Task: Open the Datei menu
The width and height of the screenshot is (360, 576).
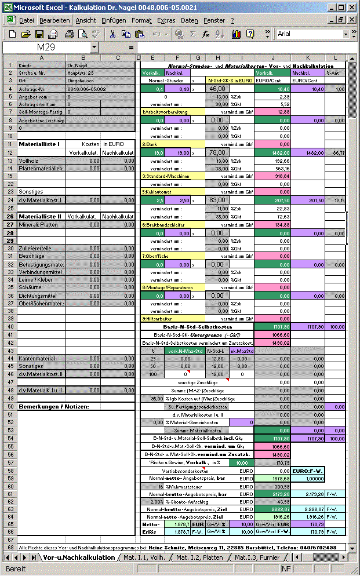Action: pyautogui.click(x=27, y=20)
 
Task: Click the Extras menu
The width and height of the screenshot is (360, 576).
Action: pyautogui.click(x=166, y=20)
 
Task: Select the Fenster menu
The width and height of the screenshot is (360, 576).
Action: pyautogui.click(x=214, y=20)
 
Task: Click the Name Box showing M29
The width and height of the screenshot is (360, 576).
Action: pyautogui.click(x=46, y=47)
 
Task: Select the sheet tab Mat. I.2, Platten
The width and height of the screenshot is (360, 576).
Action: pyautogui.click(x=199, y=557)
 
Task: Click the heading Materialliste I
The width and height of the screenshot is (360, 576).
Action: pyautogui.click(x=41, y=143)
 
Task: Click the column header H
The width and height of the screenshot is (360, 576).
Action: pyautogui.click(x=217, y=57)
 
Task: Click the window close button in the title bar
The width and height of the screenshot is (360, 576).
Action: pyautogui.click(x=352, y=8)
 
